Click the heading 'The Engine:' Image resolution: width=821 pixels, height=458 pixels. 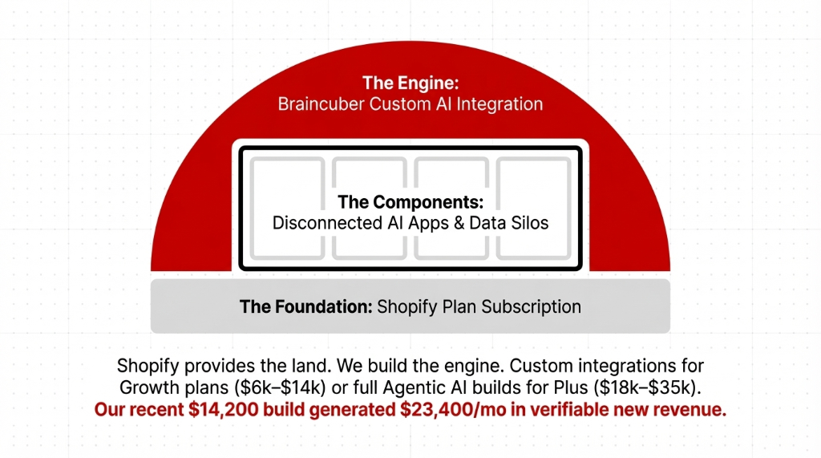410,83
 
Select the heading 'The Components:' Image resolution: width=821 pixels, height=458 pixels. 410,201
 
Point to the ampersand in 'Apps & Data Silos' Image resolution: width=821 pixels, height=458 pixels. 459,223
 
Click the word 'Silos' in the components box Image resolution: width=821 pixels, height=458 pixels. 529,223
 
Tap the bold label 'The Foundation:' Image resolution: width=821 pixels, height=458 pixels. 305,306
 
